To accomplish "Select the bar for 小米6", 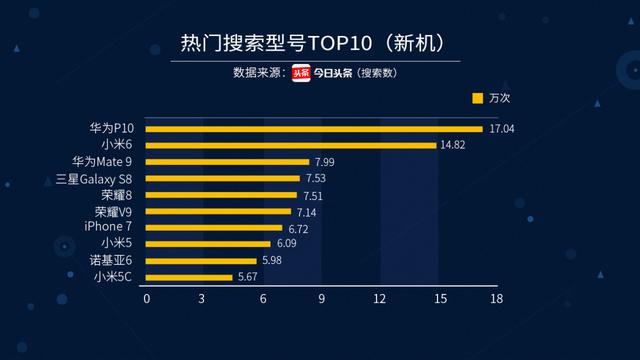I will pos(291,145).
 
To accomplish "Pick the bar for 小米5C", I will pos(189,277).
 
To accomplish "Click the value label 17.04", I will pos(500,129).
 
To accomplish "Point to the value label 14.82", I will pos(453,145).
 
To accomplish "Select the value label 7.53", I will pos(317,179).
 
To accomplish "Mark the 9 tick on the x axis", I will pos(321,298).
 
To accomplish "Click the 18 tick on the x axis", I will pos(496,298).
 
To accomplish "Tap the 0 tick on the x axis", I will pos(147,298).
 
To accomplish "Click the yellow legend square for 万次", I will pos(477,98).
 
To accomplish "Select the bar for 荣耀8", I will pos(222,195).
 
